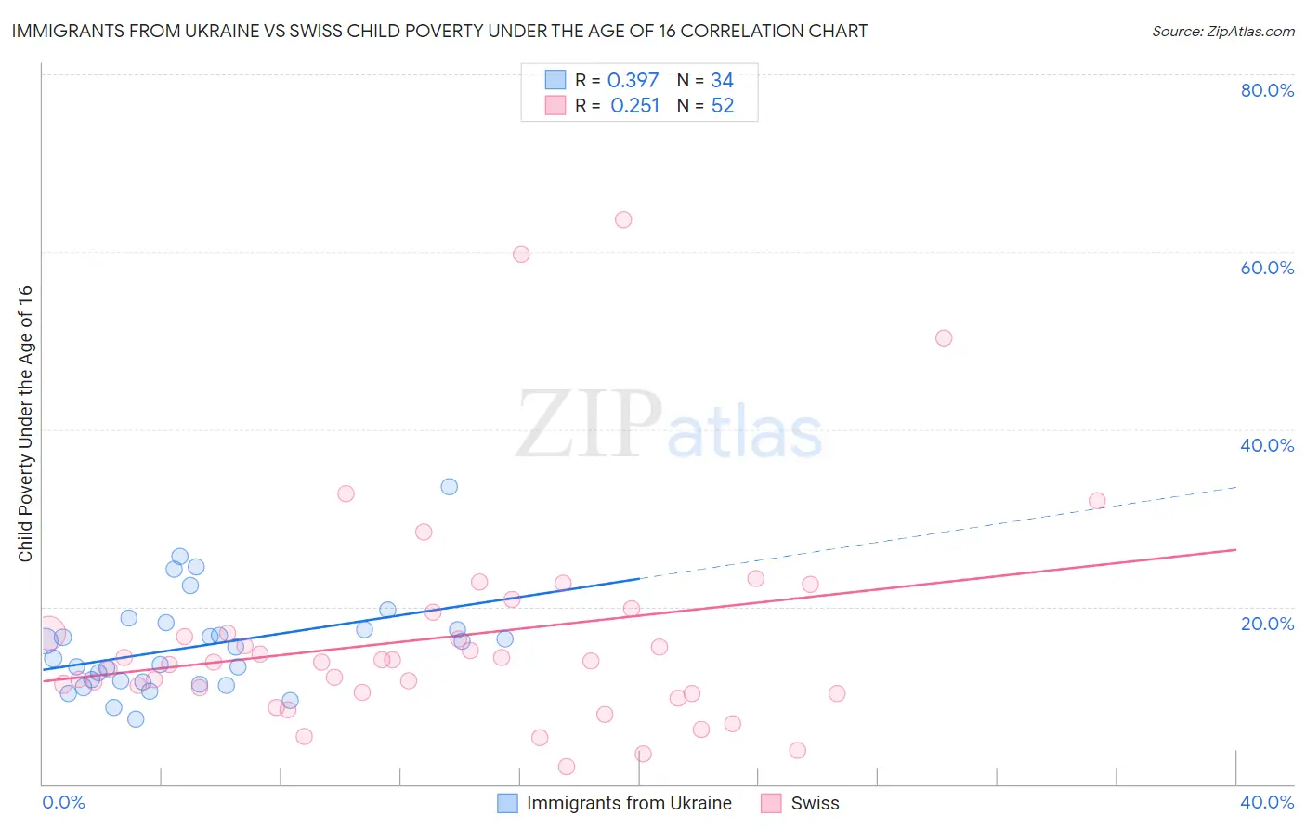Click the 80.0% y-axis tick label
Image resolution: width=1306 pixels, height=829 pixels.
[1267, 90]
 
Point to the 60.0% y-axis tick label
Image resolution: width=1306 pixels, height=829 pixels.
[1267, 268]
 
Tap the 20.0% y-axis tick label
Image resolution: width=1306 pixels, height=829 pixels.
[1267, 624]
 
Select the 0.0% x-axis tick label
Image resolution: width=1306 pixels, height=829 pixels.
[63, 802]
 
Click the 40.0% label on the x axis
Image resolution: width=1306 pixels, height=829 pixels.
[1267, 802]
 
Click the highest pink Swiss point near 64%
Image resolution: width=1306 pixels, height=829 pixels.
[623, 220]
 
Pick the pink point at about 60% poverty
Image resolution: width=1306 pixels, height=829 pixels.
[521, 255]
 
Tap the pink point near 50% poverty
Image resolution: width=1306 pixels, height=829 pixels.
[944, 338]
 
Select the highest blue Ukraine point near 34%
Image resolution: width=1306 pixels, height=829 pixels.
[450, 487]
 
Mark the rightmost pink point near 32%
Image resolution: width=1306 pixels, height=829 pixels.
[1097, 501]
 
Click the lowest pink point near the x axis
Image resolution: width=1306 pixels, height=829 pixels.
[567, 767]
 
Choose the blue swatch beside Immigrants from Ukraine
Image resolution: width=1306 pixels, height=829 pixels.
[507, 803]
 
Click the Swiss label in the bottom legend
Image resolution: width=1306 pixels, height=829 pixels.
[815, 803]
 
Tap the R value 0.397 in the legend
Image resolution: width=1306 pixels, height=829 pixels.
[633, 81]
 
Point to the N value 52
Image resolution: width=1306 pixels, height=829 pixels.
[723, 106]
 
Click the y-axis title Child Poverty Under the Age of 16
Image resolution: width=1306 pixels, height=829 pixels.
[25, 423]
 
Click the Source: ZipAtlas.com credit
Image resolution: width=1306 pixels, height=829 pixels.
[1222, 32]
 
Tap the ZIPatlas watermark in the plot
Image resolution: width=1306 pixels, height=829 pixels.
[669, 426]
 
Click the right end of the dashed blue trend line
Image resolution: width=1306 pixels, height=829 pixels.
[1236, 487]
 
